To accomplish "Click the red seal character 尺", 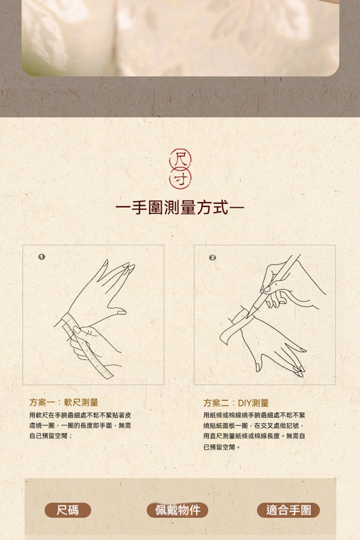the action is click(180, 159).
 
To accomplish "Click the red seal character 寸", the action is click(180, 179).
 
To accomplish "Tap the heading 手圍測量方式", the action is click(180, 207).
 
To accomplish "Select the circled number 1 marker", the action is click(42, 257).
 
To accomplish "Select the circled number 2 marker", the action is click(212, 257).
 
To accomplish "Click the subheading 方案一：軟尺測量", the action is click(64, 402).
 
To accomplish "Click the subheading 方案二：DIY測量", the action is click(236, 403).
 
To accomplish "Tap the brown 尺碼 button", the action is click(68, 510).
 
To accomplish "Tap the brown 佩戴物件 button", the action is click(177, 510).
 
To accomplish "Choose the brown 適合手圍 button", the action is click(288, 510).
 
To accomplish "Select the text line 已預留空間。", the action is click(222, 447).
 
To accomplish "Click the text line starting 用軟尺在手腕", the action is click(80, 415).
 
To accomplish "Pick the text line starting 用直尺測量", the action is click(254, 436).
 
